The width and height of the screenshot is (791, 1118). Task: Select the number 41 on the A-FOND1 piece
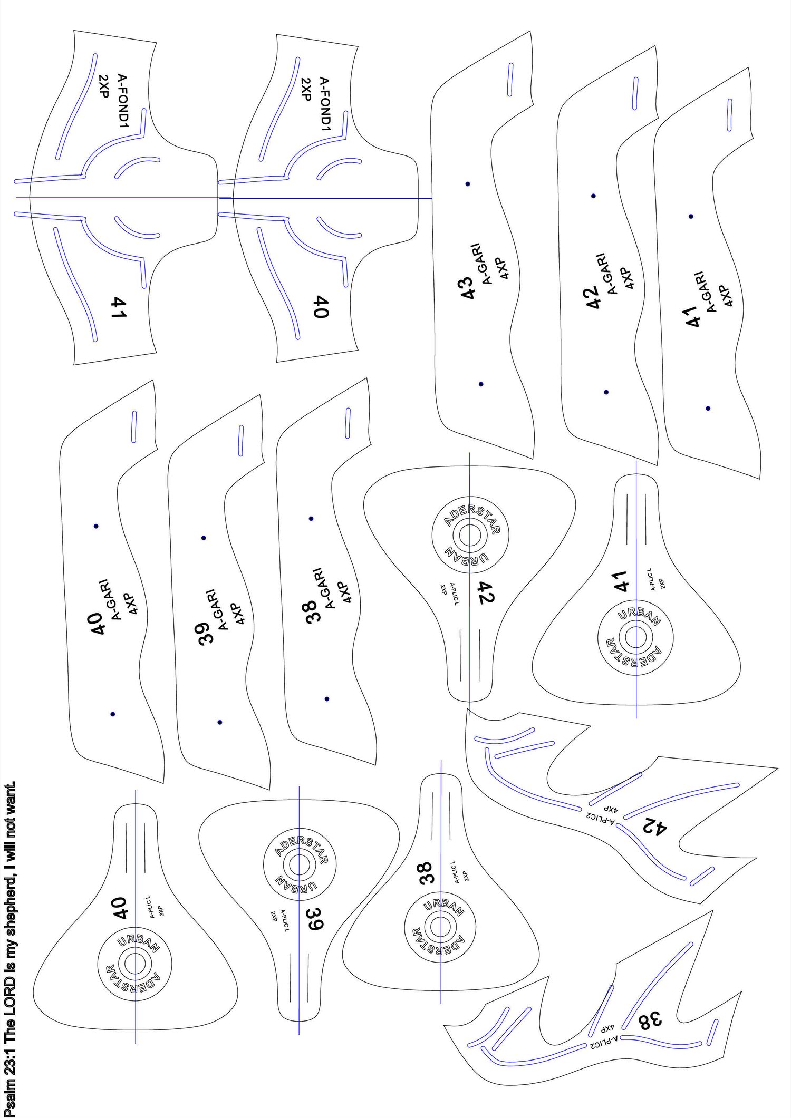119,307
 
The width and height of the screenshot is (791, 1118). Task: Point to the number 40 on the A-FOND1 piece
322,307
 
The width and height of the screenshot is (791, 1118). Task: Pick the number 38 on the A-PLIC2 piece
649,1020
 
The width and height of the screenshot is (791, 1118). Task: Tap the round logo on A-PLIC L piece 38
440,927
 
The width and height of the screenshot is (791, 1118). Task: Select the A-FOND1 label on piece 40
325,103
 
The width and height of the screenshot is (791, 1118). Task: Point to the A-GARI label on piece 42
606,274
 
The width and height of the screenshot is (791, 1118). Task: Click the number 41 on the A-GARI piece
693,316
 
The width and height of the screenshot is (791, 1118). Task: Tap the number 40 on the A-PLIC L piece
120,908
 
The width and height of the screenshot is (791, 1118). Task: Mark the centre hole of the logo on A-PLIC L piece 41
636,637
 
